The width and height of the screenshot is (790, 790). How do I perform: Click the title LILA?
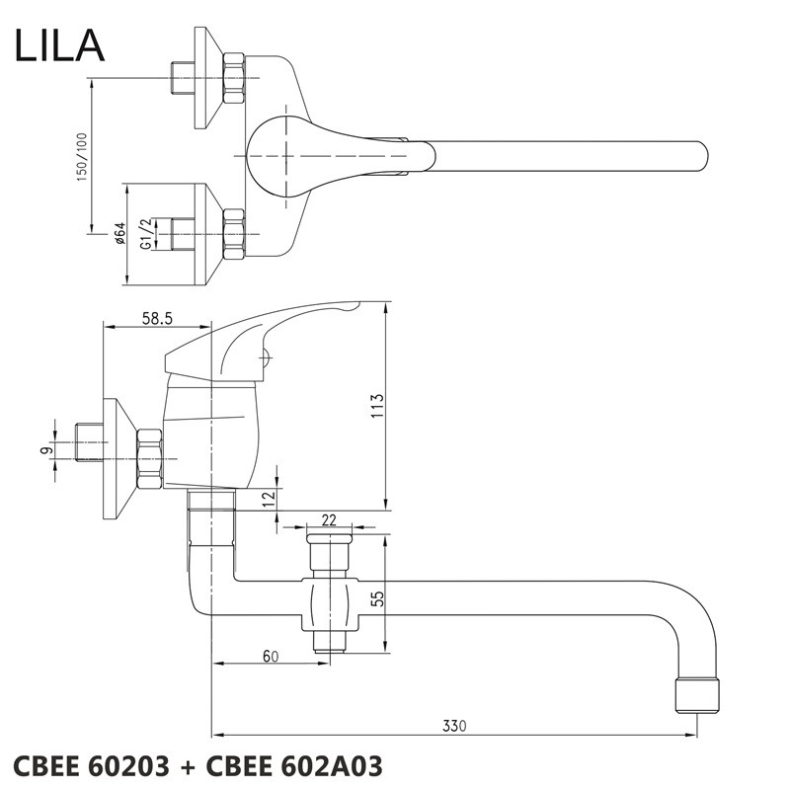point(58,45)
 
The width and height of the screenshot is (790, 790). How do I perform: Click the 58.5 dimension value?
point(158,317)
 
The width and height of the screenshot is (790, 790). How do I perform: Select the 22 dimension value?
point(330,519)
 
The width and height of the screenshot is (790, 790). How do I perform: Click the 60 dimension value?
point(270,655)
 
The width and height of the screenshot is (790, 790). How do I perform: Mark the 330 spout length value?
point(453,727)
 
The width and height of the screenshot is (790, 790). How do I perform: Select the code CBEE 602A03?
point(301,765)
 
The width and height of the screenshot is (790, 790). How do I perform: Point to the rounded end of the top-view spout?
point(698,158)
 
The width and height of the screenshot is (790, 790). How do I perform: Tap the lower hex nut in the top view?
point(233,234)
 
